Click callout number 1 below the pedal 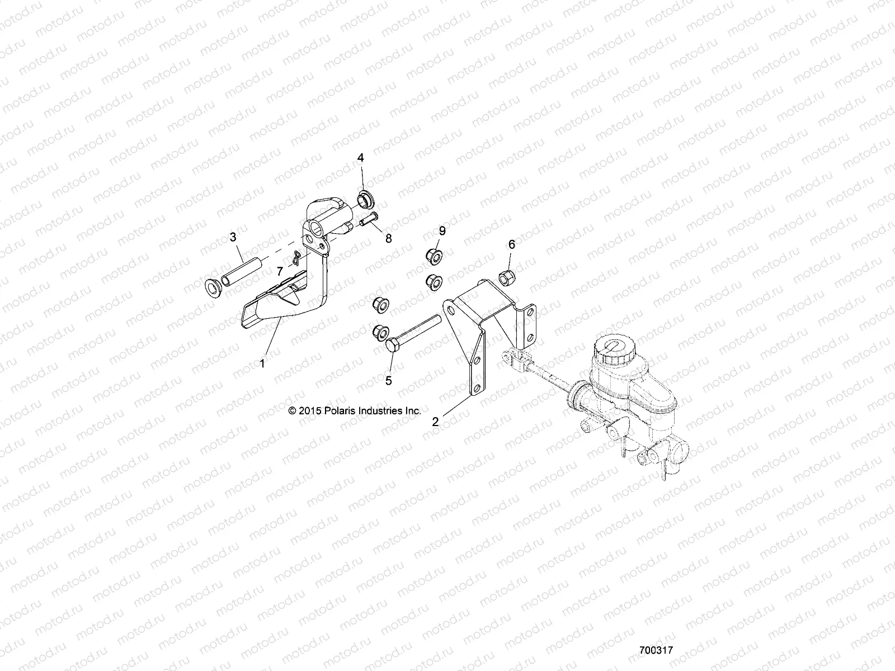pos(262,363)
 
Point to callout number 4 pos(361,158)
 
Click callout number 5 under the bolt pos(389,380)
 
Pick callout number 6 pos(511,244)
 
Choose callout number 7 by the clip pos(280,271)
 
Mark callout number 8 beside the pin pos(403,238)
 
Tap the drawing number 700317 pos(656,651)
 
